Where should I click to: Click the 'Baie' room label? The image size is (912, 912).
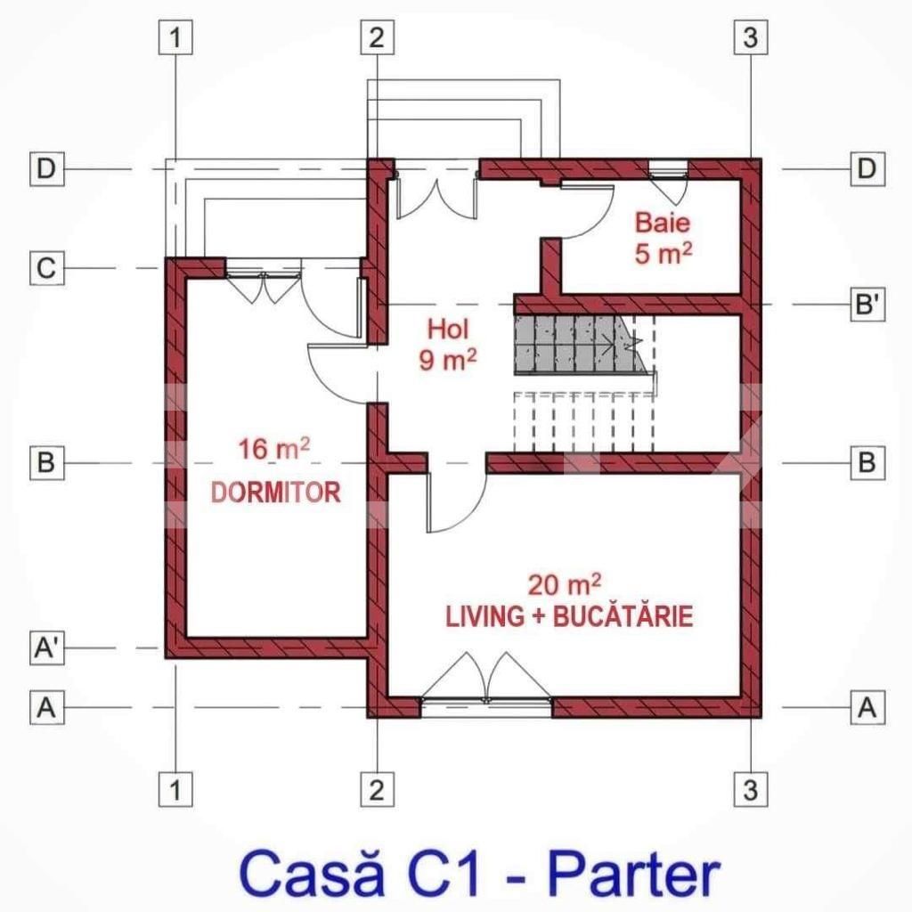click(662, 223)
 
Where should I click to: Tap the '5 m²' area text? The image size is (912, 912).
click(664, 254)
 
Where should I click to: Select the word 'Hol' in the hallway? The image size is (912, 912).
click(447, 329)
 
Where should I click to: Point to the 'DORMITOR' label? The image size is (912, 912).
click(275, 492)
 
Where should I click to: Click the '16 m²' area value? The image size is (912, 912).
click(273, 449)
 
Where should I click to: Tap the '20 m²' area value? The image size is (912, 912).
click(564, 585)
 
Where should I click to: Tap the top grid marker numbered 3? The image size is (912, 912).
click(749, 37)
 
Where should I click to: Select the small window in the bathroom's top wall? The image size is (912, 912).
click(667, 167)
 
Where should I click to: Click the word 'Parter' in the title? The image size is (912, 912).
click(635, 875)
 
